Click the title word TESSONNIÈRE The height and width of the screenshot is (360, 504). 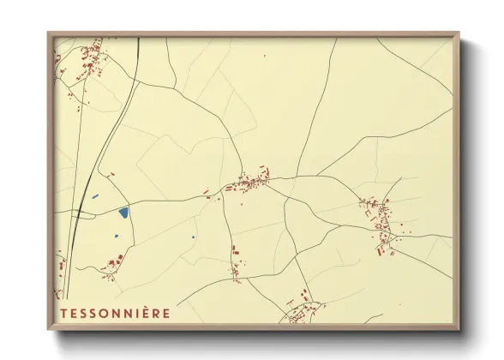(x=115, y=313)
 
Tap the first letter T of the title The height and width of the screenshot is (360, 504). (x=63, y=313)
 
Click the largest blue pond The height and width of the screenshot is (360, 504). (x=123, y=211)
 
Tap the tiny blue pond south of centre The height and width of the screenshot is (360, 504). (x=195, y=237)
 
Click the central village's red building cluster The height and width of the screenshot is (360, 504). (x=249, y=182)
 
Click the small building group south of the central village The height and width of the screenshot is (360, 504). (x=234, y=261)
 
